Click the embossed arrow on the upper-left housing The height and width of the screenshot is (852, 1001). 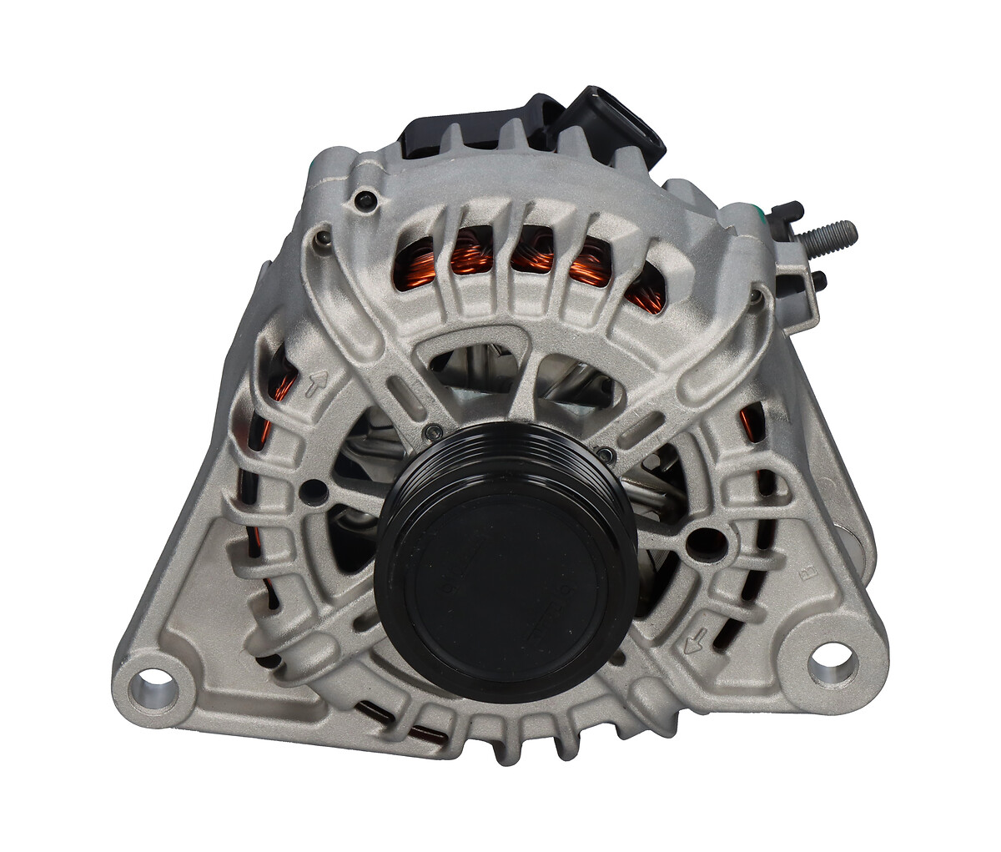click(x=317, y=385)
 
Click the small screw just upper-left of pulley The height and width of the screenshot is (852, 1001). click(x=431, y=431)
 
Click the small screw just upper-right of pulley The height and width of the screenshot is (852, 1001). click(x=608, y=453)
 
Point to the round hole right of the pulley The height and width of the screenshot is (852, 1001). click(x=699, y=540)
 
